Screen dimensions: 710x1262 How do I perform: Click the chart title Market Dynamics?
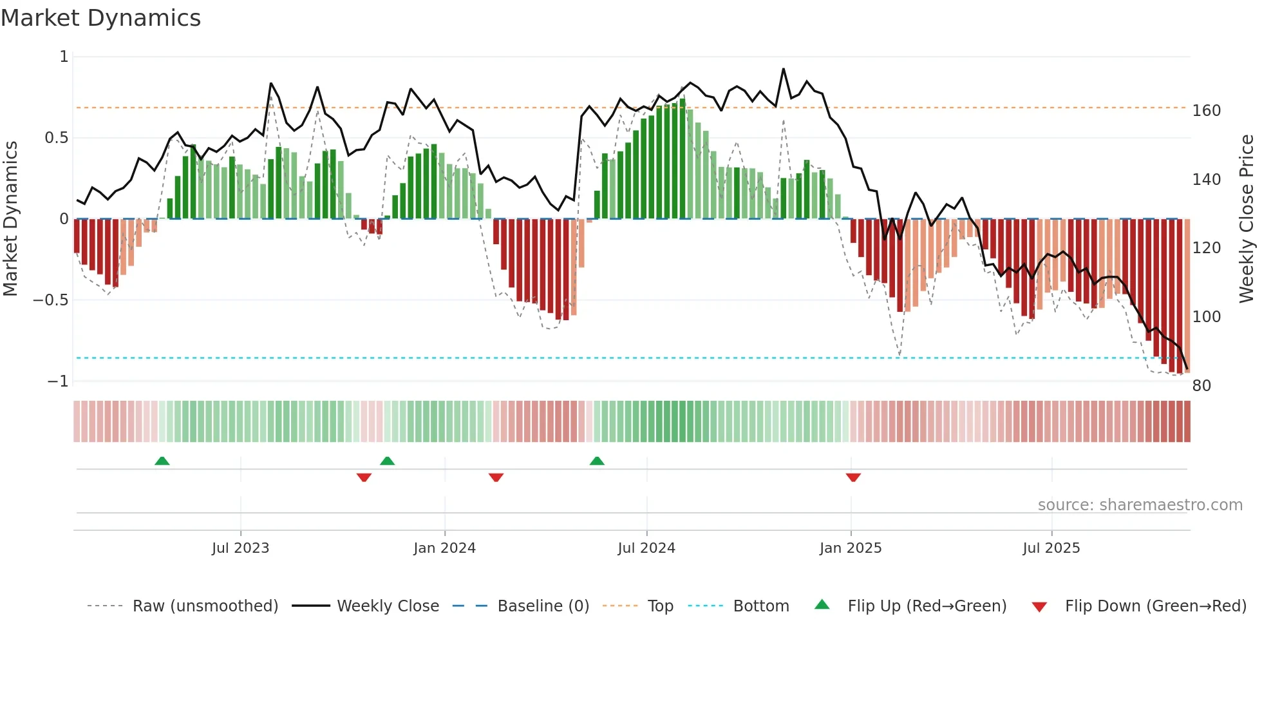[x=101, y=18]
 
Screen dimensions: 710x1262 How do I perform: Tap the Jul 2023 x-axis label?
[x=240, y=548]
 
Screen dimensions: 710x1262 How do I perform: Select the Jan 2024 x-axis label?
[x=444, y=548]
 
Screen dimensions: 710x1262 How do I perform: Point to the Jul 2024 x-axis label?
[x=646, y=548]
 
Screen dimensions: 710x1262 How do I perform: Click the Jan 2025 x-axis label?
[x=851, y=548]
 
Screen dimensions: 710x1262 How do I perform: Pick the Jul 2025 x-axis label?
[x=1051, y=548]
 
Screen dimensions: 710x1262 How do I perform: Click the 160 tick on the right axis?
[x=1206, y=111]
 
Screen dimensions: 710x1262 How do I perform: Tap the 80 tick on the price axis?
[x=1201, y=386]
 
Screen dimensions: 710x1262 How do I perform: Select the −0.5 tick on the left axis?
[x=51, y=300]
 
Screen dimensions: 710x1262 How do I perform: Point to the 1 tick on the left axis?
[x=64, y=57]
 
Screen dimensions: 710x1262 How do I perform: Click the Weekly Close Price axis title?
[x=1247, y=219]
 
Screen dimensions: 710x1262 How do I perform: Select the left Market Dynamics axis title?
[x=10, y=219]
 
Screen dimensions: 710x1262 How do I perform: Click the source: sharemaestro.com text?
[x=1140, y=505]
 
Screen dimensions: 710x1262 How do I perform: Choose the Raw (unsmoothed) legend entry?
[x=205, y=606]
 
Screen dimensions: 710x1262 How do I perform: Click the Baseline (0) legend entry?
[x=543, y=606]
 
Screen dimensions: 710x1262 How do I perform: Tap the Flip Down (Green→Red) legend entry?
[x=1155, y=606]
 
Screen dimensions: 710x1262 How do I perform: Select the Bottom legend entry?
[x=760, y=606]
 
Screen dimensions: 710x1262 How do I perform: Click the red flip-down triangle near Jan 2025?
[x=853, y=477]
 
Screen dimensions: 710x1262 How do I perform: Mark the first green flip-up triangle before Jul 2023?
[x=162, y=461]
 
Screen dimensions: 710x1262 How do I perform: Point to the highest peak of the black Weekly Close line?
[x=784, y=68]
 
